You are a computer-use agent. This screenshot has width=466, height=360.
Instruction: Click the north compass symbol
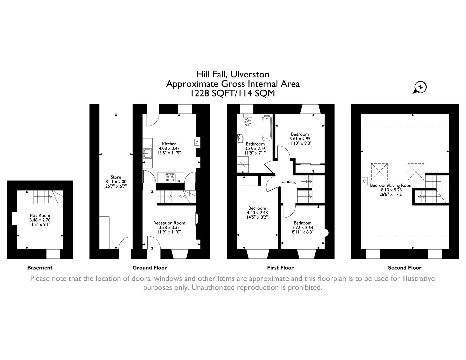[x=420, y=87]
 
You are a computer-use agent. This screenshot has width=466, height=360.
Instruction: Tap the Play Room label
[x=40, y=215]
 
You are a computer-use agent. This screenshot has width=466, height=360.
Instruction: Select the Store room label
[x=116, y=177]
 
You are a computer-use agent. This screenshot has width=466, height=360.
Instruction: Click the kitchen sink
[x=147, y=153]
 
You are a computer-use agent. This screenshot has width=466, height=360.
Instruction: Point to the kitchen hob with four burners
[x=170, y=178]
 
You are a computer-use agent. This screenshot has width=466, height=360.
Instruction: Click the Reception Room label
[x=169, y=223]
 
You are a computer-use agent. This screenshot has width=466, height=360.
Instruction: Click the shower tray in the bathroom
[x=244, y=164]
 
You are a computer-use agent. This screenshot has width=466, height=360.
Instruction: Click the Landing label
[x=288, y=182]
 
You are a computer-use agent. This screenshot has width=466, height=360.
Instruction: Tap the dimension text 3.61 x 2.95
[x=300, y=139]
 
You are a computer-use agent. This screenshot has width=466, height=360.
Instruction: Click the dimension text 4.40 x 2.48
[x=257, y=213]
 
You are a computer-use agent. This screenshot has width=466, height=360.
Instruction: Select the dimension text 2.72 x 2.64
[x=302, y=228]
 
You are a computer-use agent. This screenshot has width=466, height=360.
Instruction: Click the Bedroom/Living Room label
[x=391, y=185]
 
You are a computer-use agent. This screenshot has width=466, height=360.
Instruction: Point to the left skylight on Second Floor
[x=379, y=171]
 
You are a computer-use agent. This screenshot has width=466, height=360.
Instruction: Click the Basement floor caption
[x=40, y=268]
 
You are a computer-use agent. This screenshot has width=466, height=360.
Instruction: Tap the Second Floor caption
[x=404, y=268]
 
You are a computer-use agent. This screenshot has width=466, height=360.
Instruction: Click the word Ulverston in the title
[x=248, y=74]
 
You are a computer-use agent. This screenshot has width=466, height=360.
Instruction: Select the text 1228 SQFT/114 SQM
[x=233, y=93]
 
